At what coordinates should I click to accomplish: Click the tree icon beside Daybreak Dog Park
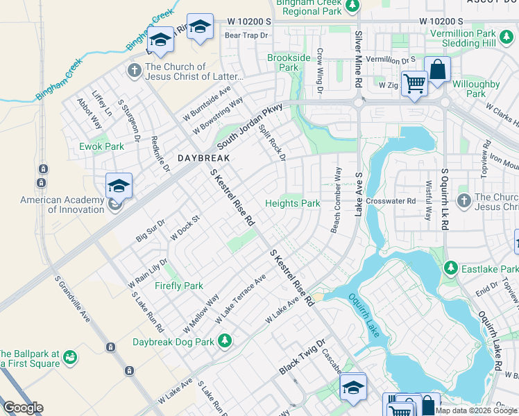click(224, 340)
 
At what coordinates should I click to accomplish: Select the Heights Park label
click(293, 204)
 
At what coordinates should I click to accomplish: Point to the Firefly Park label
click(179, 286)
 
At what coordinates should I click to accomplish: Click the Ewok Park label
click(101, 146)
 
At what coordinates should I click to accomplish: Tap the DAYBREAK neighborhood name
click(203, 158)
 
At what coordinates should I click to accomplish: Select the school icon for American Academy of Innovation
click(119, 185)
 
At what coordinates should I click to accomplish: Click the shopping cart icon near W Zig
click(414, 83)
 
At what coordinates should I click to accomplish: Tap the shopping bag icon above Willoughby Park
click(437, 69)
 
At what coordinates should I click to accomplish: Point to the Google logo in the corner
click(23, 408)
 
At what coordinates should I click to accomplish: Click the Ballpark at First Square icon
click(69, 356)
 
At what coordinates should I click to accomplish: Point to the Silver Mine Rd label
click(359, 58)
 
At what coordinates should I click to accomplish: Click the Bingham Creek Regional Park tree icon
click(352, 6)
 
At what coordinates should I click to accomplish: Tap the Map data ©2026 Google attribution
click(476, 410)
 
